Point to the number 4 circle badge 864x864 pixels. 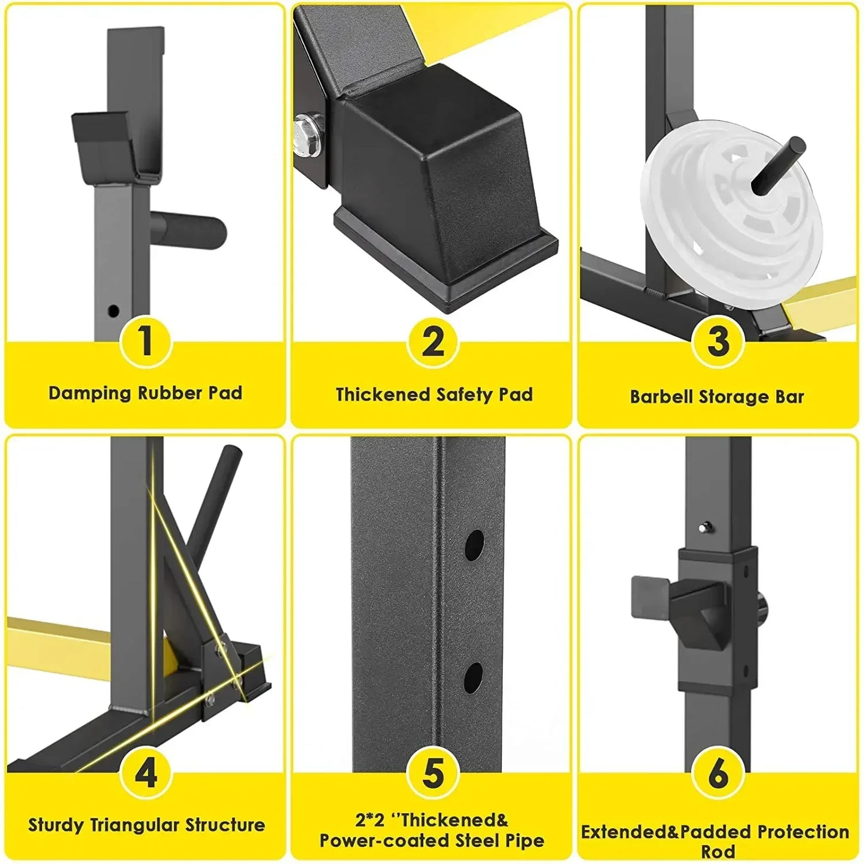pos(145,773)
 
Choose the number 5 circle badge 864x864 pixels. pos(432,773)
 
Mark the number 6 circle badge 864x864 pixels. pos(718,773)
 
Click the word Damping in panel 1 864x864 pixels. pos(90,393)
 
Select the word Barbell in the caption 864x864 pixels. pos(662,397)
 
